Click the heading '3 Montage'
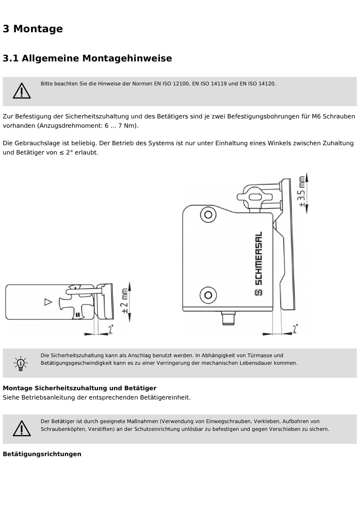tap(33, 29)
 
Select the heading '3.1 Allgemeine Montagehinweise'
tap(87, 58)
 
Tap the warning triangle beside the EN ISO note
tap(22, 91)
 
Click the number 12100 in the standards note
tap(181, 83)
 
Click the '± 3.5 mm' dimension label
tap(302, 192)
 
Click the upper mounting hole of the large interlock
tap(208, 215)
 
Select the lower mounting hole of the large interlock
tap(208, 295)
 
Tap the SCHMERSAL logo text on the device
tap(258, 259)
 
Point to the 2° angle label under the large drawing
tap(295, 328)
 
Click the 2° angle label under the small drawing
tap(110, 329)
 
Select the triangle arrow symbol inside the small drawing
tap(48, 302)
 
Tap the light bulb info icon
tap(21, 363)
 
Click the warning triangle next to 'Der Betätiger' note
tap(22, 429)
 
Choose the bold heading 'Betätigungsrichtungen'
tap(42, 454)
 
